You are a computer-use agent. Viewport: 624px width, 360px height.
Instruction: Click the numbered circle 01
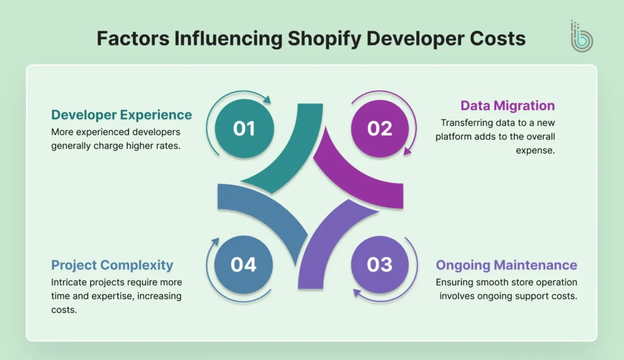(244, 129)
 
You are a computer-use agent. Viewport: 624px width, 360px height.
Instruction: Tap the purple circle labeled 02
(380, 129)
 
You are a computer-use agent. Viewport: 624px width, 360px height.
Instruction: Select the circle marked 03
(380, 264)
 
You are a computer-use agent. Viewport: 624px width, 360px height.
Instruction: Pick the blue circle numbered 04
(244, 264)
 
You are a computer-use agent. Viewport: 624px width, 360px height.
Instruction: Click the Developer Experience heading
(121, 115)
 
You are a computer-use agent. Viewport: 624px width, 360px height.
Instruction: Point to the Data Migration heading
(508, 105)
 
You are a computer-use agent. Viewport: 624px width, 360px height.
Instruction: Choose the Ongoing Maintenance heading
(506, 265)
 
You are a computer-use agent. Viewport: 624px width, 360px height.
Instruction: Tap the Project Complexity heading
(112, 265)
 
